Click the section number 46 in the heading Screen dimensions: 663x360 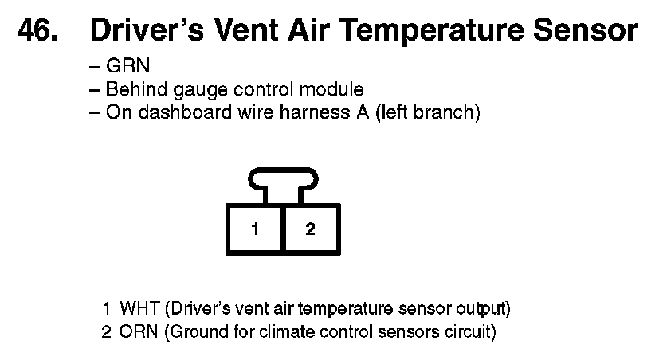(37, 30)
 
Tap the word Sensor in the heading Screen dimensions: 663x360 (586, 30)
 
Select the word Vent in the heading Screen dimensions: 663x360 (246, 30)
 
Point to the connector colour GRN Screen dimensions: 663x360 (127, 65)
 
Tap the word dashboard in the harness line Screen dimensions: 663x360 (185, 112)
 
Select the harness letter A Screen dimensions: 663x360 (362, 112)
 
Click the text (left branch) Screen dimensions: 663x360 (428, 112)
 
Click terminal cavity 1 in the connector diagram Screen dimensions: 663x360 (254, 229)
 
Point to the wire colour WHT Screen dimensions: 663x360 (139, 308)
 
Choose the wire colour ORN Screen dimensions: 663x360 (139, 331)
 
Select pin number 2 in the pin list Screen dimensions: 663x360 (107, 332)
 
